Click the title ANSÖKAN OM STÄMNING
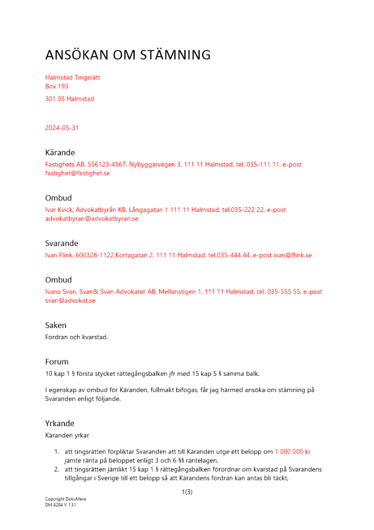[128, 55]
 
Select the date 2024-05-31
[62, 128]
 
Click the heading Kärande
[60, 153]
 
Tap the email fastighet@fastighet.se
[77, 173]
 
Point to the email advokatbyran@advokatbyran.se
[92, 218]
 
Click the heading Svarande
[61, 243]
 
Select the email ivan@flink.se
[293, 255]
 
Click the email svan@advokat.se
[70, 301]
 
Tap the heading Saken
[56, 325]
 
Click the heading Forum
[57, 362]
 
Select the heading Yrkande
[59, 423]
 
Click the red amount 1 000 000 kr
[293, 452]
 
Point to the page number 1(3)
[187, 492]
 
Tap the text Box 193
[57, 86]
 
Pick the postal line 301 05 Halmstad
[70, 99]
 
